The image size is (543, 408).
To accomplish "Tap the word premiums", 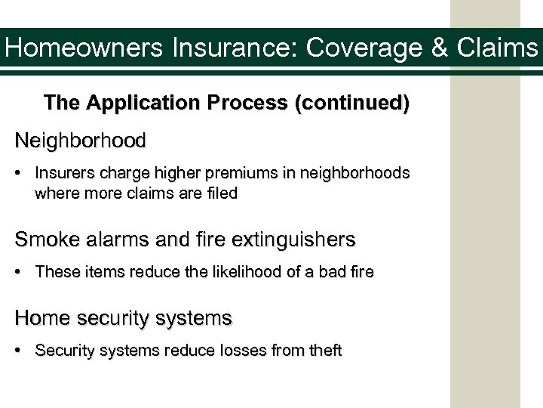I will pyautogui.click(x=235, y=173).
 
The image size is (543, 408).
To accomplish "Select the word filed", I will pyautogui.click(x=224, y=193).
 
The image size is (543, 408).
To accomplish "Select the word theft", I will pyautogui.click(x=325, y=351).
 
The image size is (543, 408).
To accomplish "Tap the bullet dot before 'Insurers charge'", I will pyautogui.click(x=23, y=174).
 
